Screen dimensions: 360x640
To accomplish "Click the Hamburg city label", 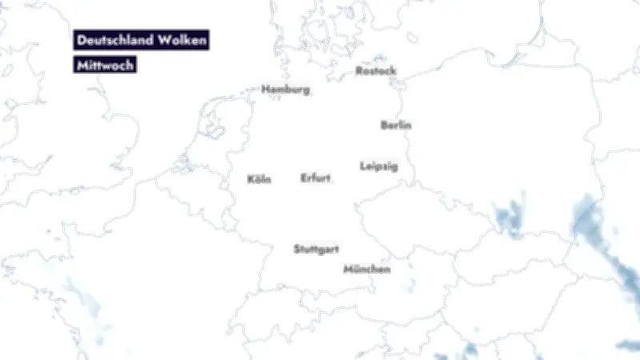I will point(286,90).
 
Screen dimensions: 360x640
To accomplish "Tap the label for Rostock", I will point(375,71).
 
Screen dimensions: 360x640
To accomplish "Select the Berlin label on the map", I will point(396,125).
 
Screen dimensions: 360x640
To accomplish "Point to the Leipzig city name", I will point(378,166).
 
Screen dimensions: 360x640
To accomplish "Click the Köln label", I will point(259,179).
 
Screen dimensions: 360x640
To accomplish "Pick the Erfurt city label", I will point(315,178).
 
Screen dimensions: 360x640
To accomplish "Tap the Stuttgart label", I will point(316,249).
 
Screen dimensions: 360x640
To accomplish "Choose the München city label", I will point(367,270).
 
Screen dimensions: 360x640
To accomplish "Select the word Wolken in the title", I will point(184,40).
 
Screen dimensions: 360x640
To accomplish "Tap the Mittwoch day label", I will point(105,66).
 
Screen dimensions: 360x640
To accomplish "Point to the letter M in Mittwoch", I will point(81,66).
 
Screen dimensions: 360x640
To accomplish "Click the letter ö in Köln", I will point(258,179).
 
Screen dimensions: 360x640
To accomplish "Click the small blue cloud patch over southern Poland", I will point(507,218).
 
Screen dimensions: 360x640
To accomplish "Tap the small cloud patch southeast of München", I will point(410,284).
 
